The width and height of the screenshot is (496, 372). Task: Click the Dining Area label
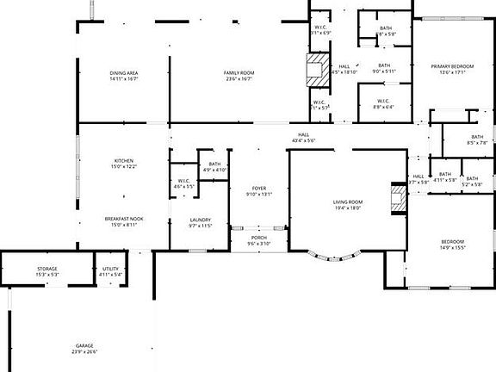(x=124, y=73)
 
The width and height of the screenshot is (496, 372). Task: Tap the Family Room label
(x=239, y=73)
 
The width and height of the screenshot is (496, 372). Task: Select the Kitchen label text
(x=124, y=161)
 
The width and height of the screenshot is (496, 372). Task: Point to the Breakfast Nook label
(x=124, y=220)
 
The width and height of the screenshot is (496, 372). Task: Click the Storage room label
(x=47, y=269)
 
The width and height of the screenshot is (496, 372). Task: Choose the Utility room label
(x=111, y=269)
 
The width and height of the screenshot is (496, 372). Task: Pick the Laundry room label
(x=200, y=220)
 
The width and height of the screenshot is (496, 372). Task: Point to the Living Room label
(x=348, y=202)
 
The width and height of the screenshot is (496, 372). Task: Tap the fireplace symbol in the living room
(x=398, y=197)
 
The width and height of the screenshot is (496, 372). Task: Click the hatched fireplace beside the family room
(x=316, y=66)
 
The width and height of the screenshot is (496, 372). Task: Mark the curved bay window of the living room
(x=335, y=256)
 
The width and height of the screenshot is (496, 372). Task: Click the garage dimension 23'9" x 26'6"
(x=84, y=352)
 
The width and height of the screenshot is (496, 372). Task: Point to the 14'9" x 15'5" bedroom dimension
(x=453, y=247)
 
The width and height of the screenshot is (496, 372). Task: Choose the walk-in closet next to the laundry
(x=184, y=183)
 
